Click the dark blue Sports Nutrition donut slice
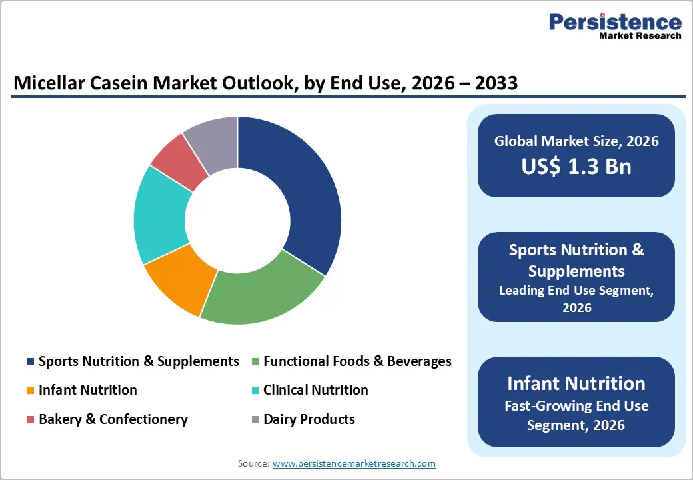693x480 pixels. [300, 193]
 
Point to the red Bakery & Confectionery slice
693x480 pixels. [177, 160]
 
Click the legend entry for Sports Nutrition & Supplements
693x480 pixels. [139, 361]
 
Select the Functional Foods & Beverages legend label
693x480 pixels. [357, 361]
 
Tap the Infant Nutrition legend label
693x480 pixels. [87, 390]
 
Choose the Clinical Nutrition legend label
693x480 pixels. [315, 390]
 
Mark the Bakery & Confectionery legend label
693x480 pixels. [113, 419]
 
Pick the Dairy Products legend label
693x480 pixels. [309, 419]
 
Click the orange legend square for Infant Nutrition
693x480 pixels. [30, 391]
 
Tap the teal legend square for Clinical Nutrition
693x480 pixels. [255, 391]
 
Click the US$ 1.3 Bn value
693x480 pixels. [576, 166]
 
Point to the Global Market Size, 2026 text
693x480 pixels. [576, 141]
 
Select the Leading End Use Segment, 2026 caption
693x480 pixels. [576, 299]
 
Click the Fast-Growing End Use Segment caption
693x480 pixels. [576, 415]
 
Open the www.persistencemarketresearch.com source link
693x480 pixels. [354, 463]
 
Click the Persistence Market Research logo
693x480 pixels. [614, 27]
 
